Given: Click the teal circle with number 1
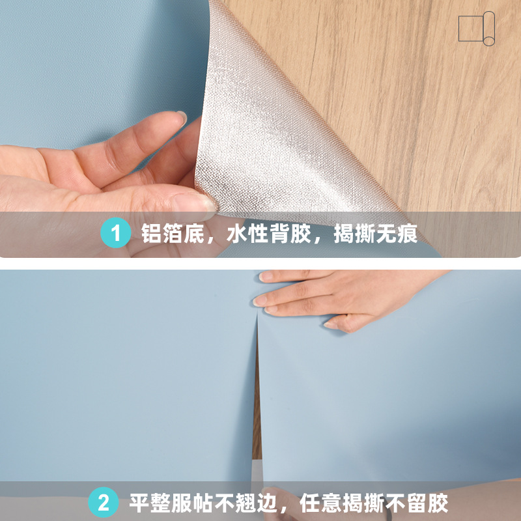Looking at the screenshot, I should point(116,233).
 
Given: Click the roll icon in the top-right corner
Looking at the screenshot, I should point(477,29).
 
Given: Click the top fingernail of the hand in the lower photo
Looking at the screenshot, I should point(266,277).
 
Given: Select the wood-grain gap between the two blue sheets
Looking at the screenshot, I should point(257,404).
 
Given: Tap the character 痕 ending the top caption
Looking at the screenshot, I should point(408,233).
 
